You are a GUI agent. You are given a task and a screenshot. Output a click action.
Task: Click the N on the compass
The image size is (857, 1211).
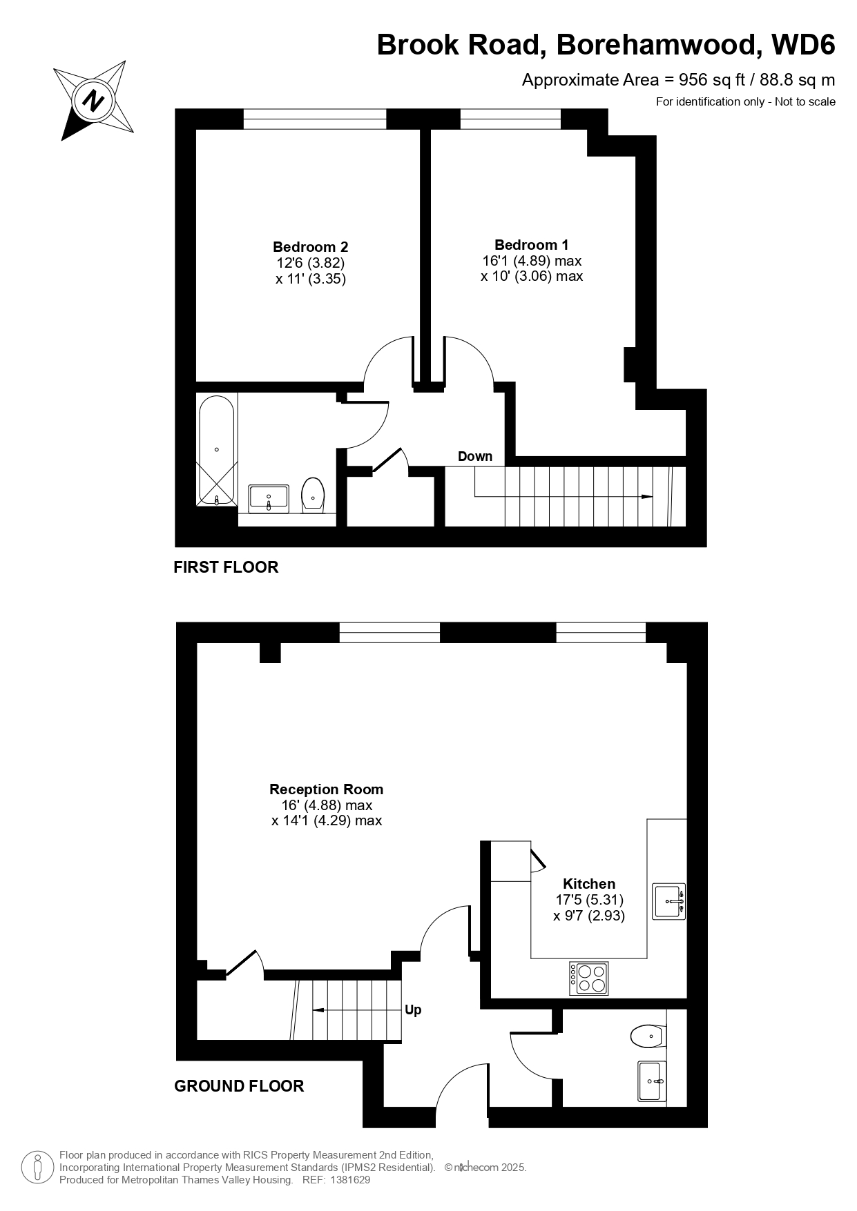click(x=93, y=101)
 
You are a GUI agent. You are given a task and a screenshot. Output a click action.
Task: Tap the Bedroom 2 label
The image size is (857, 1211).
click(x=310, y=246)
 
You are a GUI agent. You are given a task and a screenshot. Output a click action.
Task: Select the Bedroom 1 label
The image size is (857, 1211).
click(x=532, y=244)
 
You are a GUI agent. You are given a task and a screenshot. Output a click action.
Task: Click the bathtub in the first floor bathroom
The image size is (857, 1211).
click(x=216, y=451)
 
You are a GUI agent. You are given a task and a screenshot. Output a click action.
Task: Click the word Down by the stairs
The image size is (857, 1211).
click(x=475, y=456)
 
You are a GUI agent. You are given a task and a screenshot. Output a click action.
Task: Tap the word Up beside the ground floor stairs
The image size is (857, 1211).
click(x=413, y=1010)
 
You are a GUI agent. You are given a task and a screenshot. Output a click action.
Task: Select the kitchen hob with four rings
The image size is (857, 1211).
click(x=588, y=978)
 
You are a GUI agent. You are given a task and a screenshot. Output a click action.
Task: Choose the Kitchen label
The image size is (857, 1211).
click(x=589, y=884)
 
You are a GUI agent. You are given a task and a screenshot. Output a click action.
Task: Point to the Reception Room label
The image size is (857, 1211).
click(x=326, y=789)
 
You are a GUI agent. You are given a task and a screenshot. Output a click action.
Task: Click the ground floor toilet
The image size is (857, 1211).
click(x=648, y=1036)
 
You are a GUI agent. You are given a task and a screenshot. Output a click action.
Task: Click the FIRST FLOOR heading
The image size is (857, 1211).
click(x=226, y=567)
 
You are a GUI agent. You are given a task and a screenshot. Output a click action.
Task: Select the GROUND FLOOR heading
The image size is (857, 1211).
click(x=239, y=1086)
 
